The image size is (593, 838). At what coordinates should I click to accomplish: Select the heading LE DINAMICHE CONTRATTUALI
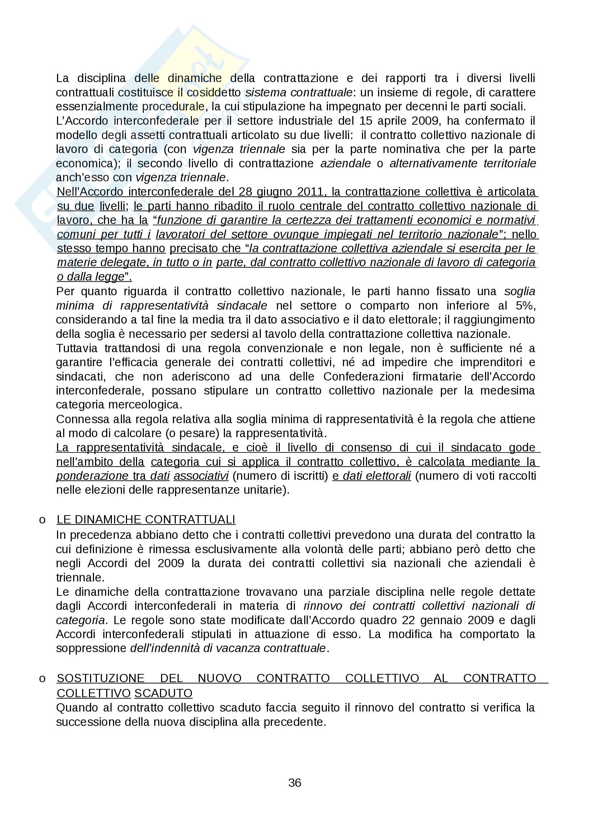coord(146,519)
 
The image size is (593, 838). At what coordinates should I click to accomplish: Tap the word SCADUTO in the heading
coord(163,693)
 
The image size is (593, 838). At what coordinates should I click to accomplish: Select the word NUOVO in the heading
coord(220,678)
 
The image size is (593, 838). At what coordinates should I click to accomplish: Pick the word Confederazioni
coord(363,376)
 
